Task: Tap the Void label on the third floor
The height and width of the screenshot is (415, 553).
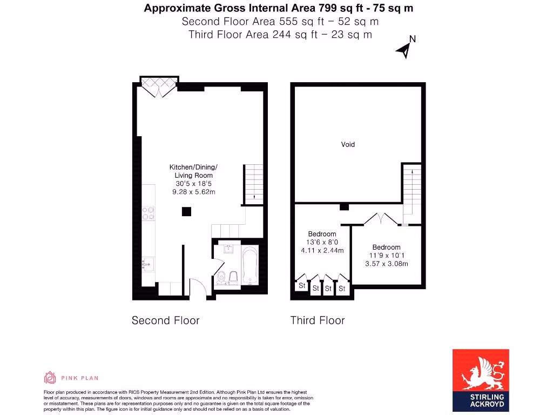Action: [348, 144]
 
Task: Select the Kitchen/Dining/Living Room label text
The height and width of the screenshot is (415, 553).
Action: [193, 171]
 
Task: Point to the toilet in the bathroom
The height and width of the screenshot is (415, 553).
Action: [222, 278]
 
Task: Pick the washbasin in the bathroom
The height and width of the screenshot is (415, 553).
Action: [227, 250]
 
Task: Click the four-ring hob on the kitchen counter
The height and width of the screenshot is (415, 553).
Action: [149, 213]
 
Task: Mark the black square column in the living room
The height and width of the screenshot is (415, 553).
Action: [186, 211]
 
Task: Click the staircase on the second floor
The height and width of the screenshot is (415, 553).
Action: [253, 184]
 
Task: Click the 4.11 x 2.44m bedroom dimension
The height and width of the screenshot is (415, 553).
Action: [322, 250]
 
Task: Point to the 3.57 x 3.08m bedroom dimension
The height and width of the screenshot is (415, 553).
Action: [386, 264]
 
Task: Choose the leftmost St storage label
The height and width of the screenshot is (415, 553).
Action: [301, 285]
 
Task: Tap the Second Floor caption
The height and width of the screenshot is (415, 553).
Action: [165, 320]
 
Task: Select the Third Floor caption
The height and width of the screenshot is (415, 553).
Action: [318, 320]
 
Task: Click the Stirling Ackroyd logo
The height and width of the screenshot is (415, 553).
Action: [480, 380]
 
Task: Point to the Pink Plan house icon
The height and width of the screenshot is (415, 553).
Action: [50, 378]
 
